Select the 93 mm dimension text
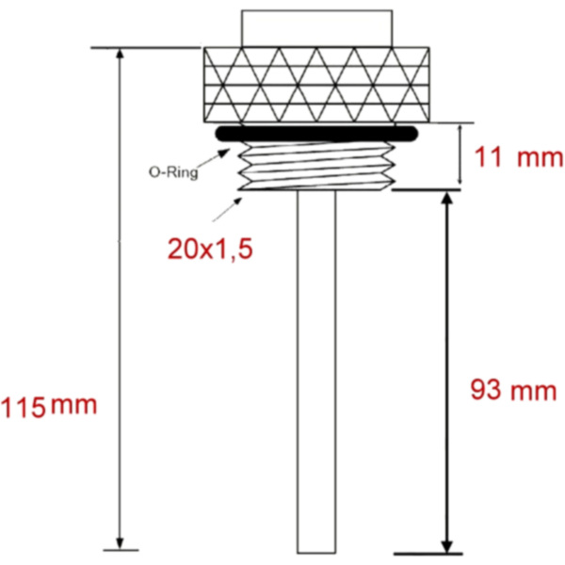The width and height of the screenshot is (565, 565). (513, 390)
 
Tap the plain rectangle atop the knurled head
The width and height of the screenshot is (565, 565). (315, 28)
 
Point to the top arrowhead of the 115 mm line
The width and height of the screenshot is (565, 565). (120, 56)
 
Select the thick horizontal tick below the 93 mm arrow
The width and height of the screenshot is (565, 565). (428, 554)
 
